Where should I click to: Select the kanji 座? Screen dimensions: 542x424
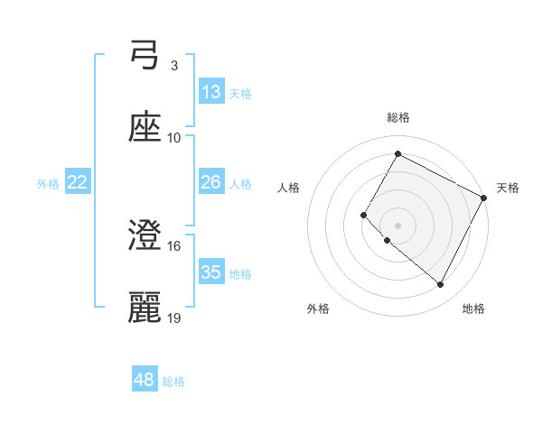pyautogui.click(x=145, y=129)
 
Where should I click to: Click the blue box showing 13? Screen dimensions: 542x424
pyautogui.click(x=211, y=92)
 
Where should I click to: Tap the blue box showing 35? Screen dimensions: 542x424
pyautogui.click(x=211, y=272)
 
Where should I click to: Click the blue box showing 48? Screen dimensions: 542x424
pyautogui.click(x=145, y=380)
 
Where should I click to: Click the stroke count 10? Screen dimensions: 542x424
pyautogui.click(x=174, y=138)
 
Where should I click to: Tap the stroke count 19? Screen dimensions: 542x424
pyautogui.click(x=174, y=318)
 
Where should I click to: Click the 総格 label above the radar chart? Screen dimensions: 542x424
pyautogui.click(x=398, y=117)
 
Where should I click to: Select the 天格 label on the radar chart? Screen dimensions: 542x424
pyautogui.click(x=508, y=188)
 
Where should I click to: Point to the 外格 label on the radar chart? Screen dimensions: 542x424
pyautogui.click(x=318, y=309)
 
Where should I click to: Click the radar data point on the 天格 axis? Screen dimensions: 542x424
pyautogui.click(x=485, y=198)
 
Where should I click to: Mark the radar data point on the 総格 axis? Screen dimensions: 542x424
pyautogui.click(x=397, y=153)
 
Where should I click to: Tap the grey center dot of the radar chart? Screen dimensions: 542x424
pyautogui.click(x=397, y=225)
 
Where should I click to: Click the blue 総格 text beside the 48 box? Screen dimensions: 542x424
pyautogui.click(x=173, y=382)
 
